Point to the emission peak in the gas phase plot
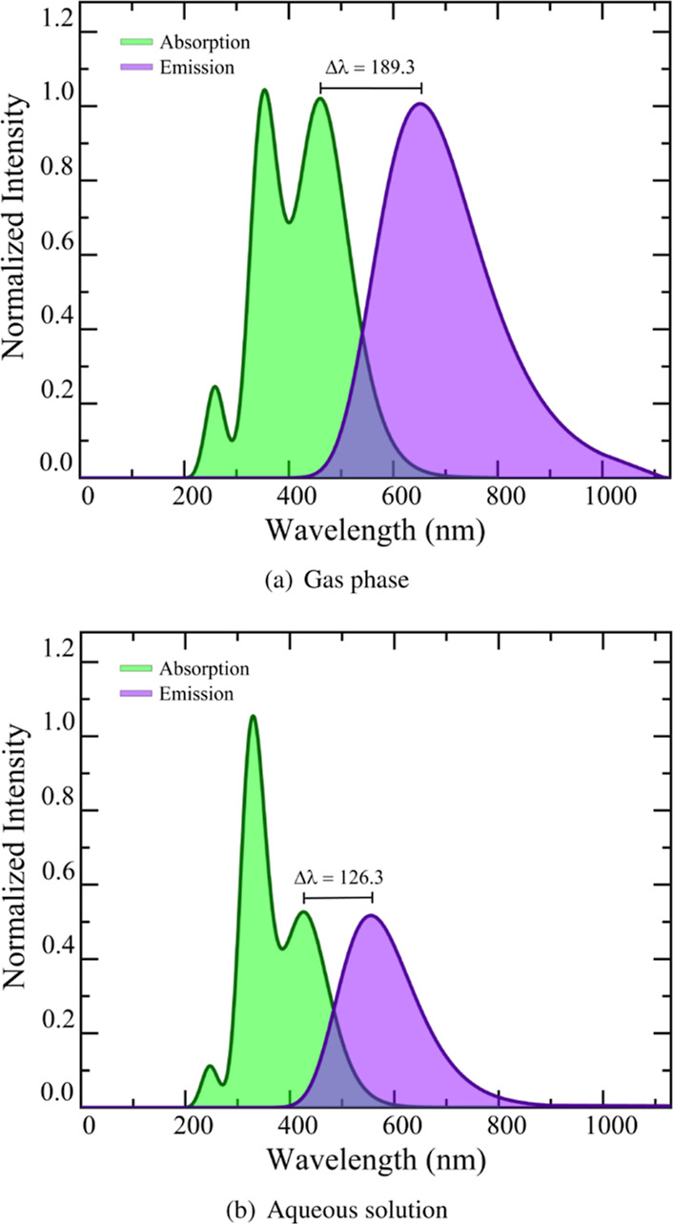(x=420, y=104)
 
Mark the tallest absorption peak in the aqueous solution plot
(x=253, y=716)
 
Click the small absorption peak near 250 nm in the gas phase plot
(x=214, y=387)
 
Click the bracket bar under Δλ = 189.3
(x=371, y=87)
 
